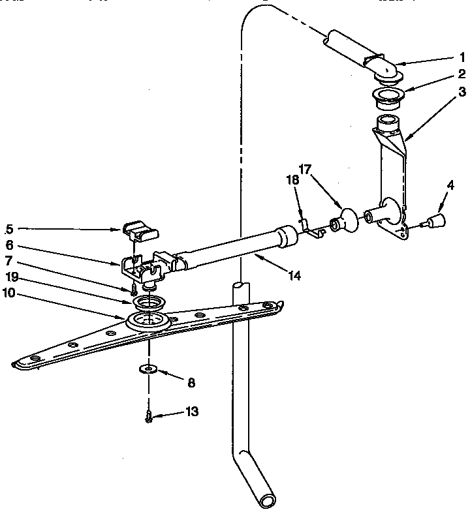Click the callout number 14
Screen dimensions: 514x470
294,275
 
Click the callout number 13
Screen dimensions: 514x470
191,412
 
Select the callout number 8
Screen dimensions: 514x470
191,383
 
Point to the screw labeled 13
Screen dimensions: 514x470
150,416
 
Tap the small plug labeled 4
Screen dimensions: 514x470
433,220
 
